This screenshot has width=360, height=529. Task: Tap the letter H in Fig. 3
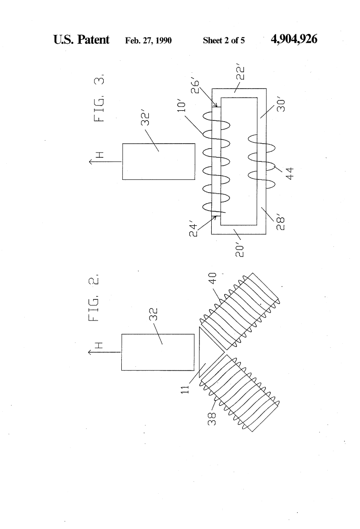(100, 155)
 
